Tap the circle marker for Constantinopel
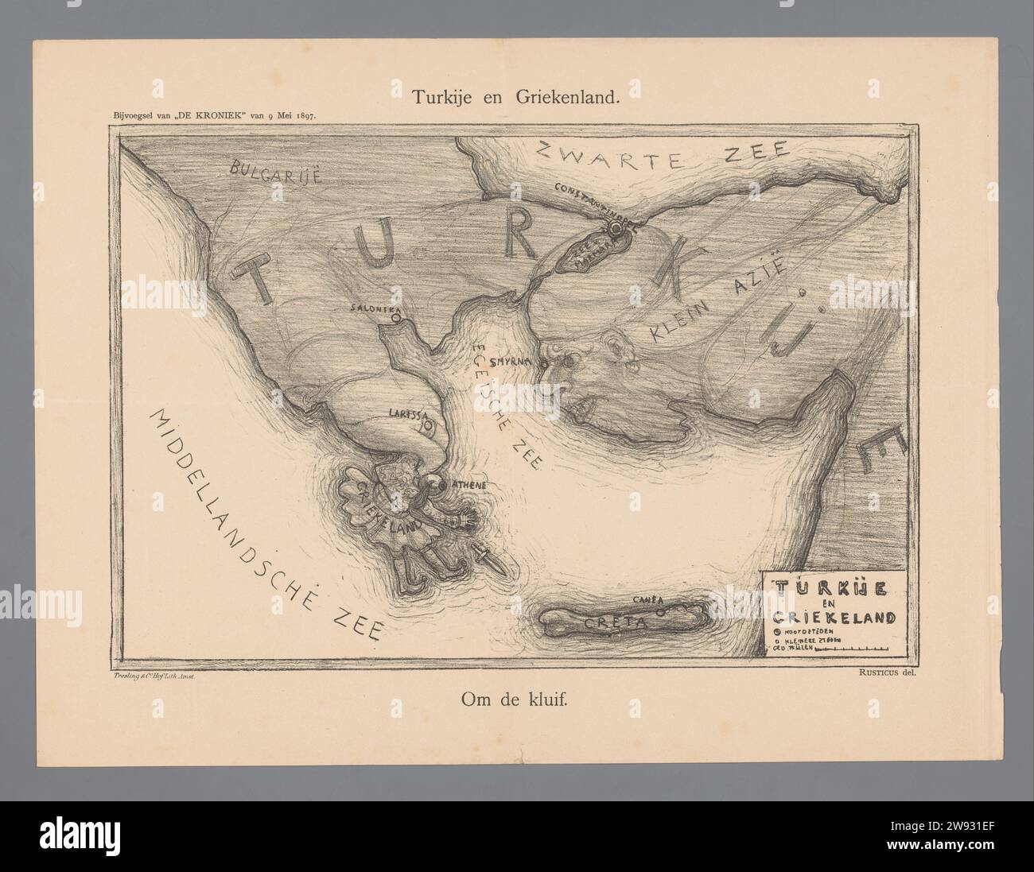[x=615, y=228]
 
